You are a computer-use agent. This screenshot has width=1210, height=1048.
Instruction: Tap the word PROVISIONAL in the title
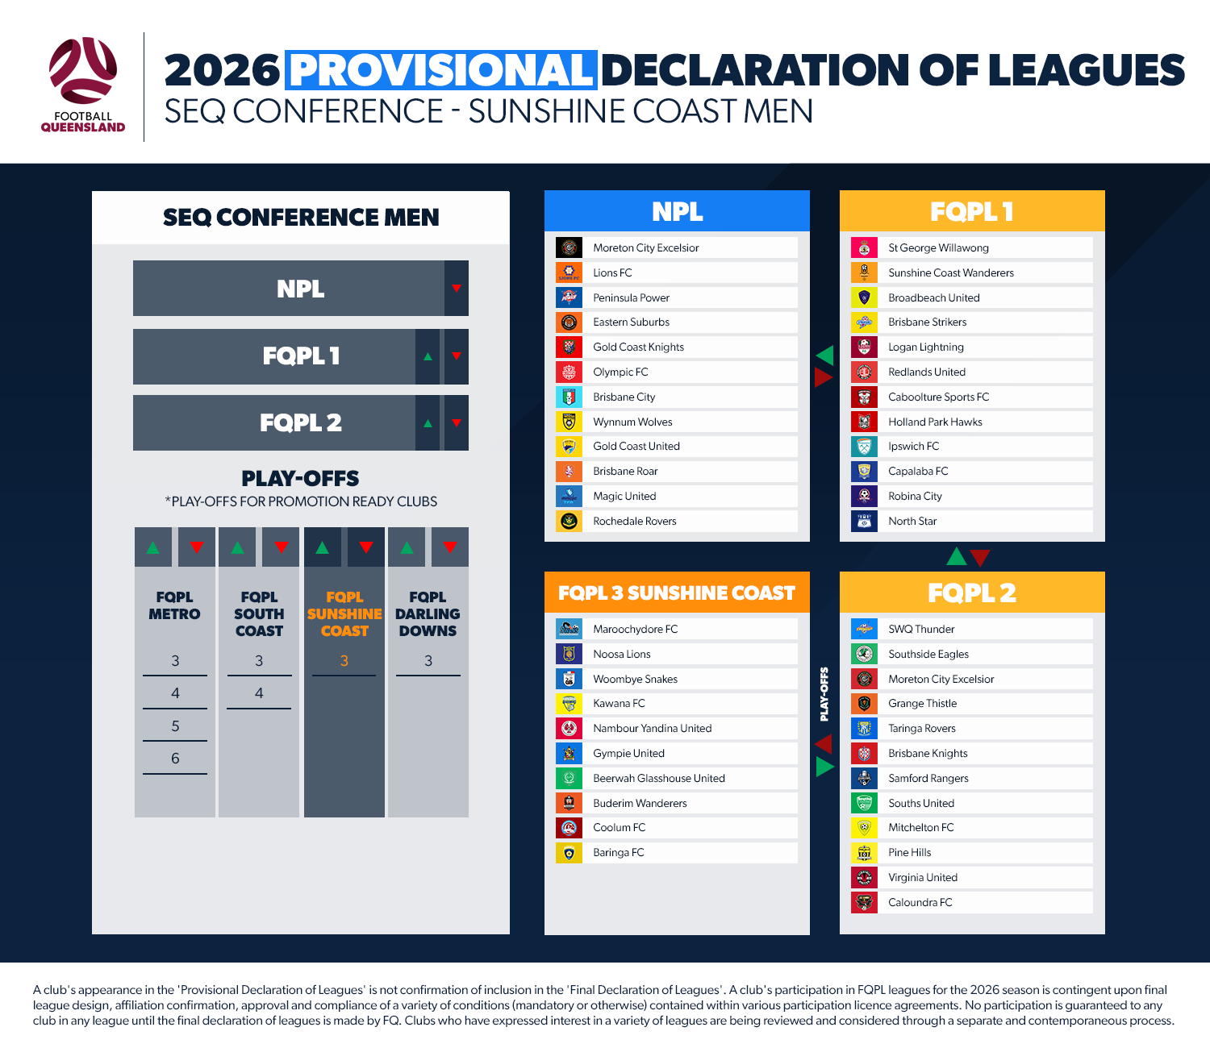[x=441, y=70]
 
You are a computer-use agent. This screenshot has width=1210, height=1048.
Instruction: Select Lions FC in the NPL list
[x=612, y=272]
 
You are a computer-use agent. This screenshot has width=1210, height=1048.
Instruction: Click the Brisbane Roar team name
[x=625, y=471]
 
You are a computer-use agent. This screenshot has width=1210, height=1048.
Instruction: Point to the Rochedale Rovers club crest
[x=569, y=521]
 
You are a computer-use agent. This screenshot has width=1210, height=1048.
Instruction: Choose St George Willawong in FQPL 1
[x=938, y=247]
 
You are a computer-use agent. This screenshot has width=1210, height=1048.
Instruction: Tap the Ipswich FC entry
[x=913, y=446]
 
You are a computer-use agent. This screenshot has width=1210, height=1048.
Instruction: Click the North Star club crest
[x=864, y=521]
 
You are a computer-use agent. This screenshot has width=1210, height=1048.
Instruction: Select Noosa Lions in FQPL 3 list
[x=621, y=654]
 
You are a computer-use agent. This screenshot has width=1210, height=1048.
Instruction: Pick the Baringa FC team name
[x=618, y=852]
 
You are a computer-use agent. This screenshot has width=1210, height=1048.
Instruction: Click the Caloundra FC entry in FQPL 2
[x=920, y=902]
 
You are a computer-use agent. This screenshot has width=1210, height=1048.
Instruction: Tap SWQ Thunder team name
[x=921, y=629]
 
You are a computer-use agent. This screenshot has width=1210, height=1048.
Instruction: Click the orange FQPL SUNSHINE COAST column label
[x=344, y=613]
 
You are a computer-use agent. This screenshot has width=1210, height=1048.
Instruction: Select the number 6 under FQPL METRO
[x=175, y=758]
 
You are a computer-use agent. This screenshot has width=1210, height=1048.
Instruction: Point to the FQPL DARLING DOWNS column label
[x=428, y=613]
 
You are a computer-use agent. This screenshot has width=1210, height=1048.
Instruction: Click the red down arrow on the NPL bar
[x=457, y=289]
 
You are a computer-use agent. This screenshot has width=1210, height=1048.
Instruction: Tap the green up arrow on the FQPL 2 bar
[x=428, y=422]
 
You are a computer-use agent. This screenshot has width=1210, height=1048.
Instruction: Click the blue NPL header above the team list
[x=677, y=211]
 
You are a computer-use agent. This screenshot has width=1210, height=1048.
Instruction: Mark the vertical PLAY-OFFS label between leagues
[x=824, y=694]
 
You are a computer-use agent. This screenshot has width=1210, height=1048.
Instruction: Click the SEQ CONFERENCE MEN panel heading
[x=301, y=217]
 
